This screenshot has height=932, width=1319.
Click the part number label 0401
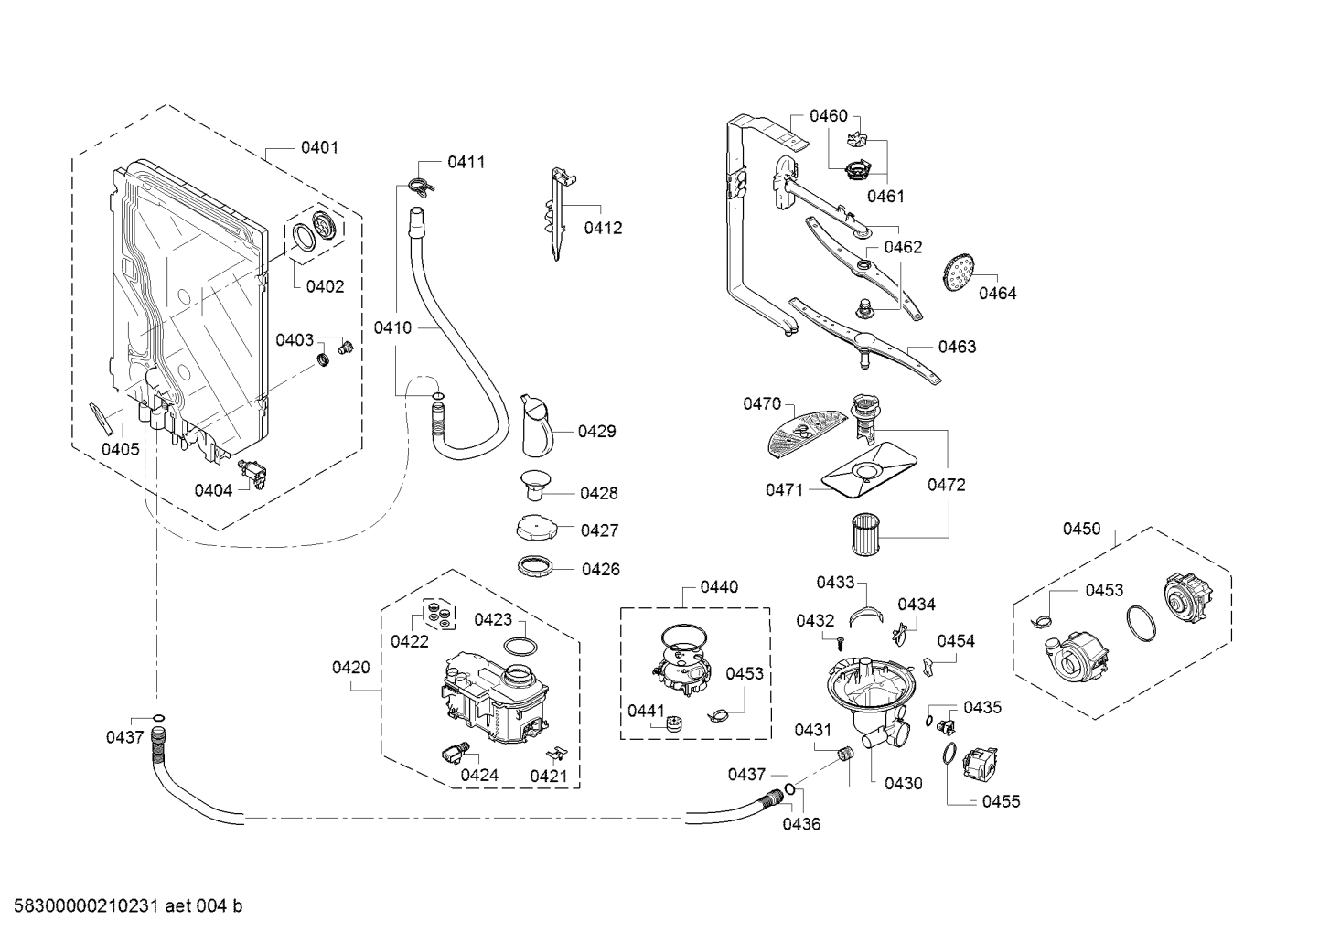pos(319,147)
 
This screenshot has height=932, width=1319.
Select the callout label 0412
pos(603,228)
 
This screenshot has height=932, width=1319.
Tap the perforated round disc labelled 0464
pos(958,272)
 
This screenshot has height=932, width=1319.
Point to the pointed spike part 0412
pos(558,215)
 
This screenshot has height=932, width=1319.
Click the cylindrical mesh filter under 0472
pos(864,534)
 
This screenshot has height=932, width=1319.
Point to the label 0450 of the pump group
pos(1081,529)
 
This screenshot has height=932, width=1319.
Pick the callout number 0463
pos(956,347)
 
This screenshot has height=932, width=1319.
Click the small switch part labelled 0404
pos(252,474)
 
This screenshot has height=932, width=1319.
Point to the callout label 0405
pos(120,449)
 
